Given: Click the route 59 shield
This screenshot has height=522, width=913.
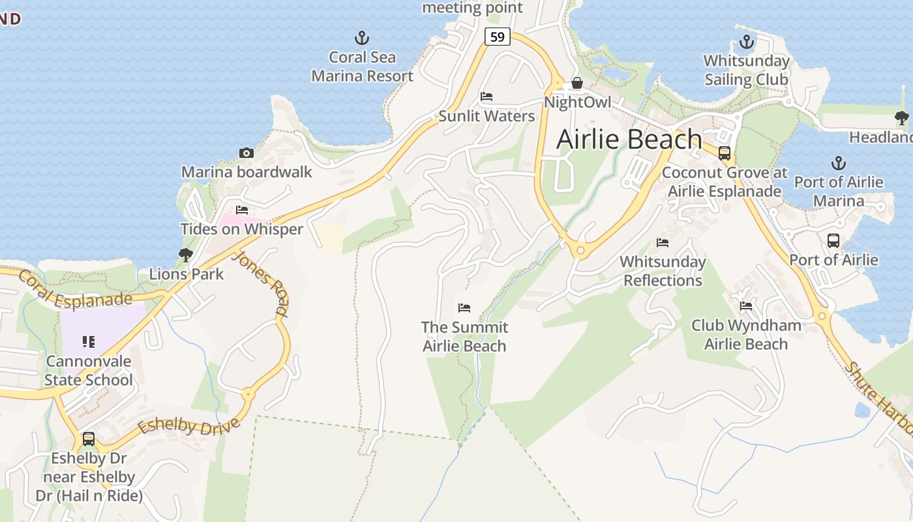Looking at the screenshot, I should coord(497,37).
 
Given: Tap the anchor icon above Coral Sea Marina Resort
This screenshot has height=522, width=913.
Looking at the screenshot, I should coord(361,38).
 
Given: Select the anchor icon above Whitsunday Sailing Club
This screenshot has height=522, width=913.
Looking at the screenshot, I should coord(746,42).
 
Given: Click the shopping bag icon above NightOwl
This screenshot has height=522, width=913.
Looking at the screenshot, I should coord(577,83).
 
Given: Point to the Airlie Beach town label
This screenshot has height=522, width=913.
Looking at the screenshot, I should coord(629,139).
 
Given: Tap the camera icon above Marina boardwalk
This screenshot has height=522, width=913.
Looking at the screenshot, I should coord(247,153).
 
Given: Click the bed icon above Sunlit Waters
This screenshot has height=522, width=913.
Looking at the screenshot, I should coord(486,97).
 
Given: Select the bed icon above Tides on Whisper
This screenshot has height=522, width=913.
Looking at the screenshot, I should coord(242,210).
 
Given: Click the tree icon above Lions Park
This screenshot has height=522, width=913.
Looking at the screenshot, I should coord(186,254).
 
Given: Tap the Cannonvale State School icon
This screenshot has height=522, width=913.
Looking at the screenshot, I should coord(89,341).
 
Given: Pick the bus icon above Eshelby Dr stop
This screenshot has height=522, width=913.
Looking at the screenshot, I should coord(89,439).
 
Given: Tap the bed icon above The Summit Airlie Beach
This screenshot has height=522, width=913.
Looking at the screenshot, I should coord(464,307).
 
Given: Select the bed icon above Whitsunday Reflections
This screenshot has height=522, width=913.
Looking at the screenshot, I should coord(663,243).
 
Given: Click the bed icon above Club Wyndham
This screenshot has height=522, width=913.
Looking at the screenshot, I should coord(746,306).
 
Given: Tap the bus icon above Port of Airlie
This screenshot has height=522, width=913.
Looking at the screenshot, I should coord(833,240).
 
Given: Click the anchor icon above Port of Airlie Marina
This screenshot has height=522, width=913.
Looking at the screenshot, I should coord(839,162).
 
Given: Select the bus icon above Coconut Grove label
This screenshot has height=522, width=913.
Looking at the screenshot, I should coord(725,153).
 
